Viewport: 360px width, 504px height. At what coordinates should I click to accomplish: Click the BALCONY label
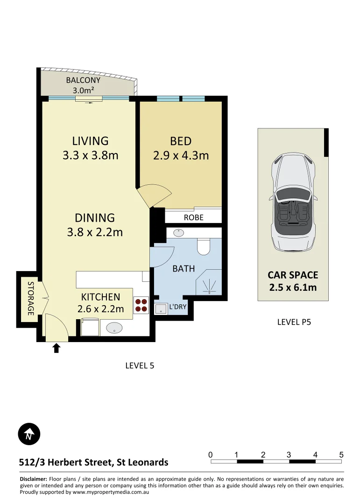click(x=83, y=80)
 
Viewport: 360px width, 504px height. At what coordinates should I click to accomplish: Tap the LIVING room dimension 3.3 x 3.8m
click(x=90, y=155)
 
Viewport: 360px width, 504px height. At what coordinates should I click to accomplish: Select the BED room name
click(x=181, y=140)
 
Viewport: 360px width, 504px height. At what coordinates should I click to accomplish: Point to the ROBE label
click(x=193, y=217)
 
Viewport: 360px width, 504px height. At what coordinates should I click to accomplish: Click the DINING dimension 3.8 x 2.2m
click(x=95, y=232)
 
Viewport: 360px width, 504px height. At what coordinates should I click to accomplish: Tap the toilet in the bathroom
click(x=204, y=246)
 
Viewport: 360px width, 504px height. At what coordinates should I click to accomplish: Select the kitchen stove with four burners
click(x=141, y=305)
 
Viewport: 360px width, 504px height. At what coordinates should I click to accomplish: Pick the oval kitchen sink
click(x=114, y=328)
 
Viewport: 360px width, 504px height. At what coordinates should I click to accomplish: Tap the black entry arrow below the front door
click(x=56, y=348)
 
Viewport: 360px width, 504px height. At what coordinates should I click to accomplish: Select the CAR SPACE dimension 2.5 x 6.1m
click(x=293, y=287)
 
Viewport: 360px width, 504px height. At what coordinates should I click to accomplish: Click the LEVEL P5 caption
click(x=294, y=322)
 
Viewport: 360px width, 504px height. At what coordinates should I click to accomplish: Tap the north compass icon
click(x=29, y=435)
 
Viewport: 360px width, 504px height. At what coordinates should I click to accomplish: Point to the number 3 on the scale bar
click(x=289, y=455)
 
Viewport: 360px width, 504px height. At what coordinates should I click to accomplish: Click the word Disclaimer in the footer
click(x=33, y=479)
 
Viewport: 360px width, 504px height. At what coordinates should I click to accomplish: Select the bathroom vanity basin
click(x=178, y=232)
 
